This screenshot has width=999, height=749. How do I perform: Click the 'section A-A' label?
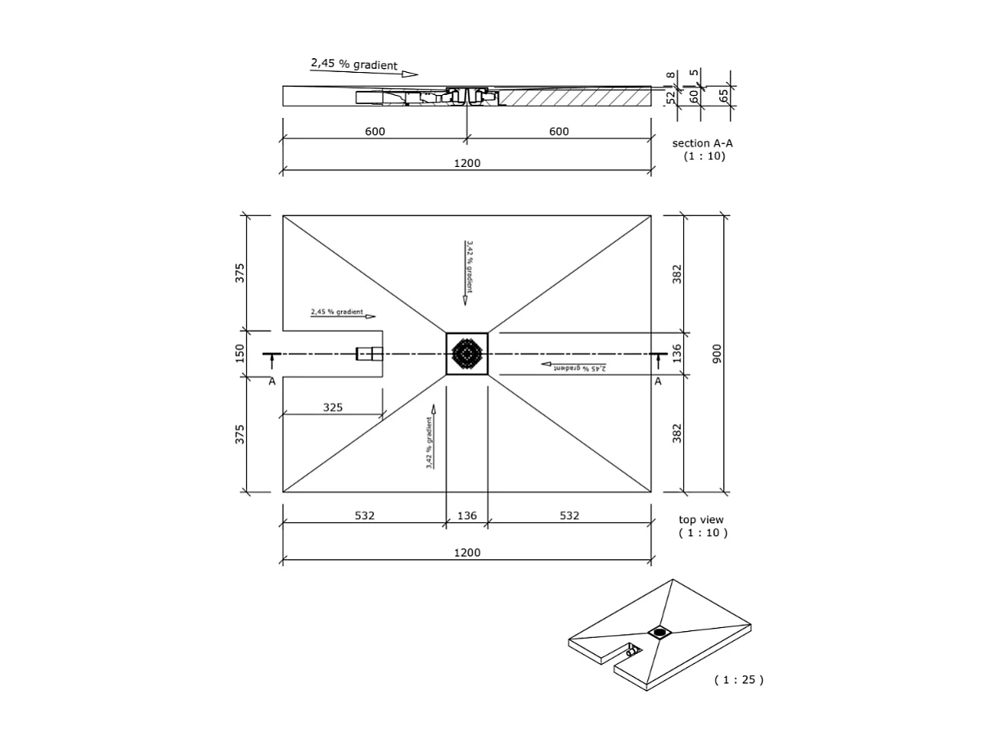[x=702, y=143]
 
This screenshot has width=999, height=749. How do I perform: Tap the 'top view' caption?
[x=700, y=520]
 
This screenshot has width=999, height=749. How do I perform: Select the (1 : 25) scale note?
[x=738, y=679]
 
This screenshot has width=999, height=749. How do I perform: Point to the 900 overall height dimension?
[x=717, y=354]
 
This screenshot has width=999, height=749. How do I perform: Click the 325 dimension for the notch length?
[x=332, y=407]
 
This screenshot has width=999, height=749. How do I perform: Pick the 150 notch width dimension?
[x=240, y=353]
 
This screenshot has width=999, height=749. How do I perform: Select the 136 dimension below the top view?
[x=466, y=516]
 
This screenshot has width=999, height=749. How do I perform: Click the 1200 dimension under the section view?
[x=466, y=163]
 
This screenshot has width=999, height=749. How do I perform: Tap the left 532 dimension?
[x=364, y=516]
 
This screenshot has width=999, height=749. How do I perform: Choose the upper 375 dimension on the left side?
[x=240, y=273]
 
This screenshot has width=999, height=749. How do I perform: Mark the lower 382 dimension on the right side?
[x=677, y=433]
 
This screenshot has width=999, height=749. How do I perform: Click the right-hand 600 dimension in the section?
[x=559, y=131]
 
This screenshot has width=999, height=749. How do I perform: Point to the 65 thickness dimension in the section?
[x=723, y=96]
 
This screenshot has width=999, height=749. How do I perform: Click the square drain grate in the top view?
[x=466, y=354]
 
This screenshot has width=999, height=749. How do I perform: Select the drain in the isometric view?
[x=659, y=631]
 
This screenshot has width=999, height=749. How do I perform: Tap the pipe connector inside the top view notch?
[x=369, y=354]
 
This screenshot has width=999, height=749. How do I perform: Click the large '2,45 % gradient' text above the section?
[x=353, y=64]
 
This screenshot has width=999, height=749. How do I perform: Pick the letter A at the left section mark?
[x=272, y=381]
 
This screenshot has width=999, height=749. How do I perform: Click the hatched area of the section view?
[x=573, y=97]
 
